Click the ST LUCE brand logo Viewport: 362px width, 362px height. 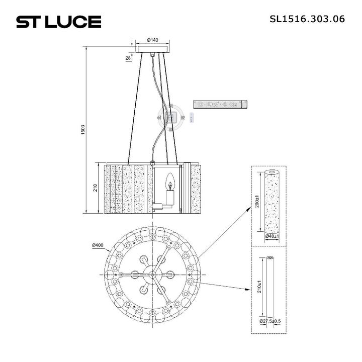tap(59, 22)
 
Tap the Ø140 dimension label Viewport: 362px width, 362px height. tap(153, 40)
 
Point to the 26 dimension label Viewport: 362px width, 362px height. tap(128, 59)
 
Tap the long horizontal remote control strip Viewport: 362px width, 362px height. tap(221, 105)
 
